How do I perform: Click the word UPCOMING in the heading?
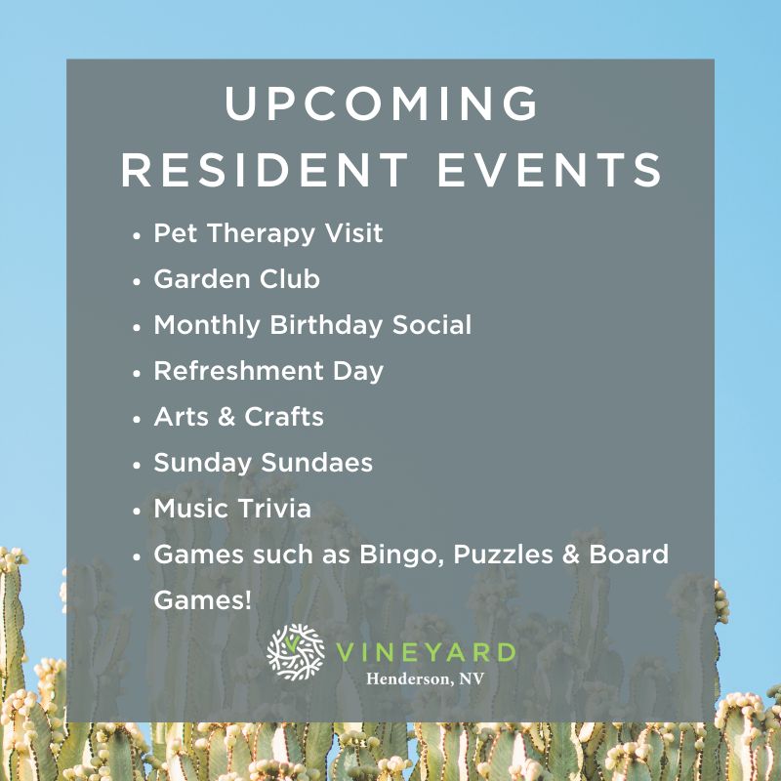(x=382, y=103)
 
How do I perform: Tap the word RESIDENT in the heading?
(x=265, y=169)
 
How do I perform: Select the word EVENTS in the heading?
(x=550, y=169)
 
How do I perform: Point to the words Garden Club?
(x=236, y=278)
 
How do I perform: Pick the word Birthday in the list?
(x=326, y=325)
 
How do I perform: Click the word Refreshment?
(x=238, y=371)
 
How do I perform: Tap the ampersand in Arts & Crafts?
(x=226, y=417)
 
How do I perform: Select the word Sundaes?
(x=316, y=462)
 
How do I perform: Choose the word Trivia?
(x=274, y=509)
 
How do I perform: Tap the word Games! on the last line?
(x=202, y=599)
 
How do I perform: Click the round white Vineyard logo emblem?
(x=296, y=652)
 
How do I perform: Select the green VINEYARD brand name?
(x=426, y=652)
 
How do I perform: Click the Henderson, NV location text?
(x=425, y=678)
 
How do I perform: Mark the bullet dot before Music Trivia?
(x=137, y=512)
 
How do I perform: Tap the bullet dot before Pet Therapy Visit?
(x=137, y=236)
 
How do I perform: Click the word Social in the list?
(x=432, y=325)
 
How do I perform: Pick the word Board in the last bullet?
(x=629, y=555)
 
